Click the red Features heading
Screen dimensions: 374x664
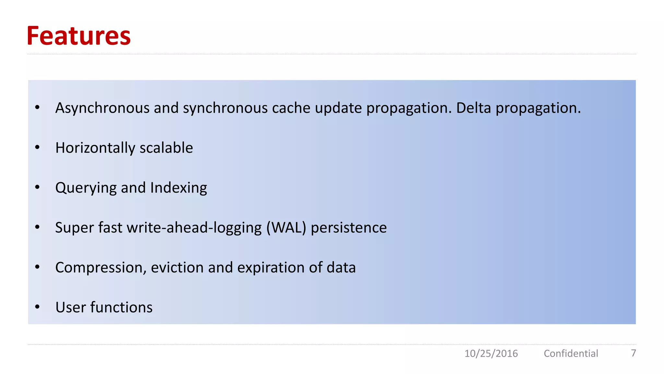[x=79, y=36]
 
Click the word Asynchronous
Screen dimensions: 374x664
[x=102, y=108]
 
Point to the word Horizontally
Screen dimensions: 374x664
[x=95, y=148]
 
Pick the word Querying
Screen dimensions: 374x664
[x=86, y=188]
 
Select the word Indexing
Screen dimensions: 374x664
[x=179, y=188]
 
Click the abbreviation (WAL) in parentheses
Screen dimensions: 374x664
[x=286, y=228]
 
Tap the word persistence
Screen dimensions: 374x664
[x=349, y=228]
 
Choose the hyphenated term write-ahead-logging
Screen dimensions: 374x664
[x=194, y=228]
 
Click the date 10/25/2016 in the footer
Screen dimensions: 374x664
[x=491, y=353]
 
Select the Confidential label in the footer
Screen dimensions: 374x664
[x=571, y=353]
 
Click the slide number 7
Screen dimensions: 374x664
[x=633, y=353]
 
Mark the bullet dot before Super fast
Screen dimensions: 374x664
[x=37, y=227]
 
